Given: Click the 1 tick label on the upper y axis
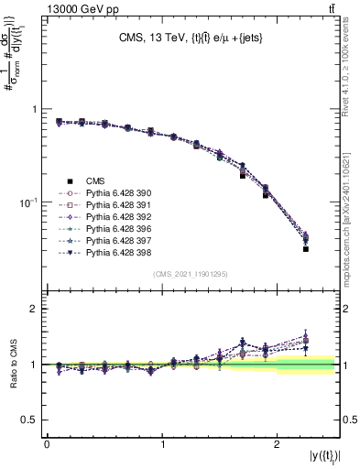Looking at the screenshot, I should click(x=34, y=109).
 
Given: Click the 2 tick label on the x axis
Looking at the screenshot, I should click(x=278, y=443).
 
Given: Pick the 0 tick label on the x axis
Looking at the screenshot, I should click(x=47, y=443).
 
